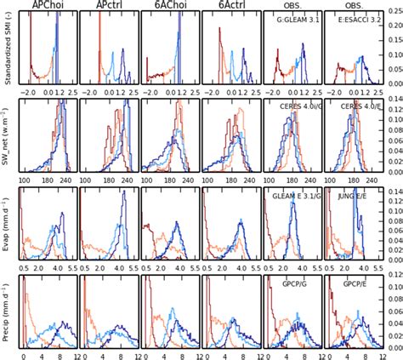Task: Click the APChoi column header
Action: tap(47, 6)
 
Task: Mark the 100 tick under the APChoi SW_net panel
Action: tap(24, 180)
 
